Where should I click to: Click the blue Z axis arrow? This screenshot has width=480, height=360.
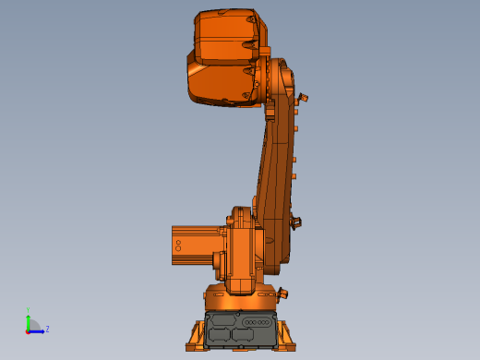click(39, 330)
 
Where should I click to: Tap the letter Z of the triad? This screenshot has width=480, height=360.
click(47, 329)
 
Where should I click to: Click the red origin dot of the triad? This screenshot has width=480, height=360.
click(29, 330)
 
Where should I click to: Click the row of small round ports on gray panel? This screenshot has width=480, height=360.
click(259, 321)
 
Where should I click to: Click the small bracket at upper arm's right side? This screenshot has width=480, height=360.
click(302, 97)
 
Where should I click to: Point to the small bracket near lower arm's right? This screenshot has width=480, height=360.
click(296, 222)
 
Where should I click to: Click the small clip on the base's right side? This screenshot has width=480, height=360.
click(282, 294)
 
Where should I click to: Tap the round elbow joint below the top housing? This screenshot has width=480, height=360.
click(277, 83)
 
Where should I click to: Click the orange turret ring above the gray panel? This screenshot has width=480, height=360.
click(240, 300)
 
